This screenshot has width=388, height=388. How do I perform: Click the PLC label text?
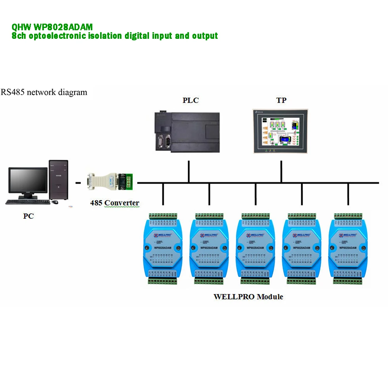coord(191,100)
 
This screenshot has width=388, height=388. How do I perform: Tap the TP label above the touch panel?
coord(281,100)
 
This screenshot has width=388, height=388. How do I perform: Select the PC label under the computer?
coord(28,216)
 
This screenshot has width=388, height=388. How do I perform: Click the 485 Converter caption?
coord(114,203)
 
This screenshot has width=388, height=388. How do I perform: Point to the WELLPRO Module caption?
coord(248,297)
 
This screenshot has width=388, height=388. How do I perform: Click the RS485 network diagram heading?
coord(44,92)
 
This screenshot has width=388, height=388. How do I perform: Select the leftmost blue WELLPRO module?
coord(163,248)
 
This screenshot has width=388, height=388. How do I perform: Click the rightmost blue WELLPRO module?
coord(348,248)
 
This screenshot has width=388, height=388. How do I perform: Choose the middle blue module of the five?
coord(256,248)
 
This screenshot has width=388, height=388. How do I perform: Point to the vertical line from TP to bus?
coord(281,171)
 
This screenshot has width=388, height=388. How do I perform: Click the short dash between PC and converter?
coord(78,182)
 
